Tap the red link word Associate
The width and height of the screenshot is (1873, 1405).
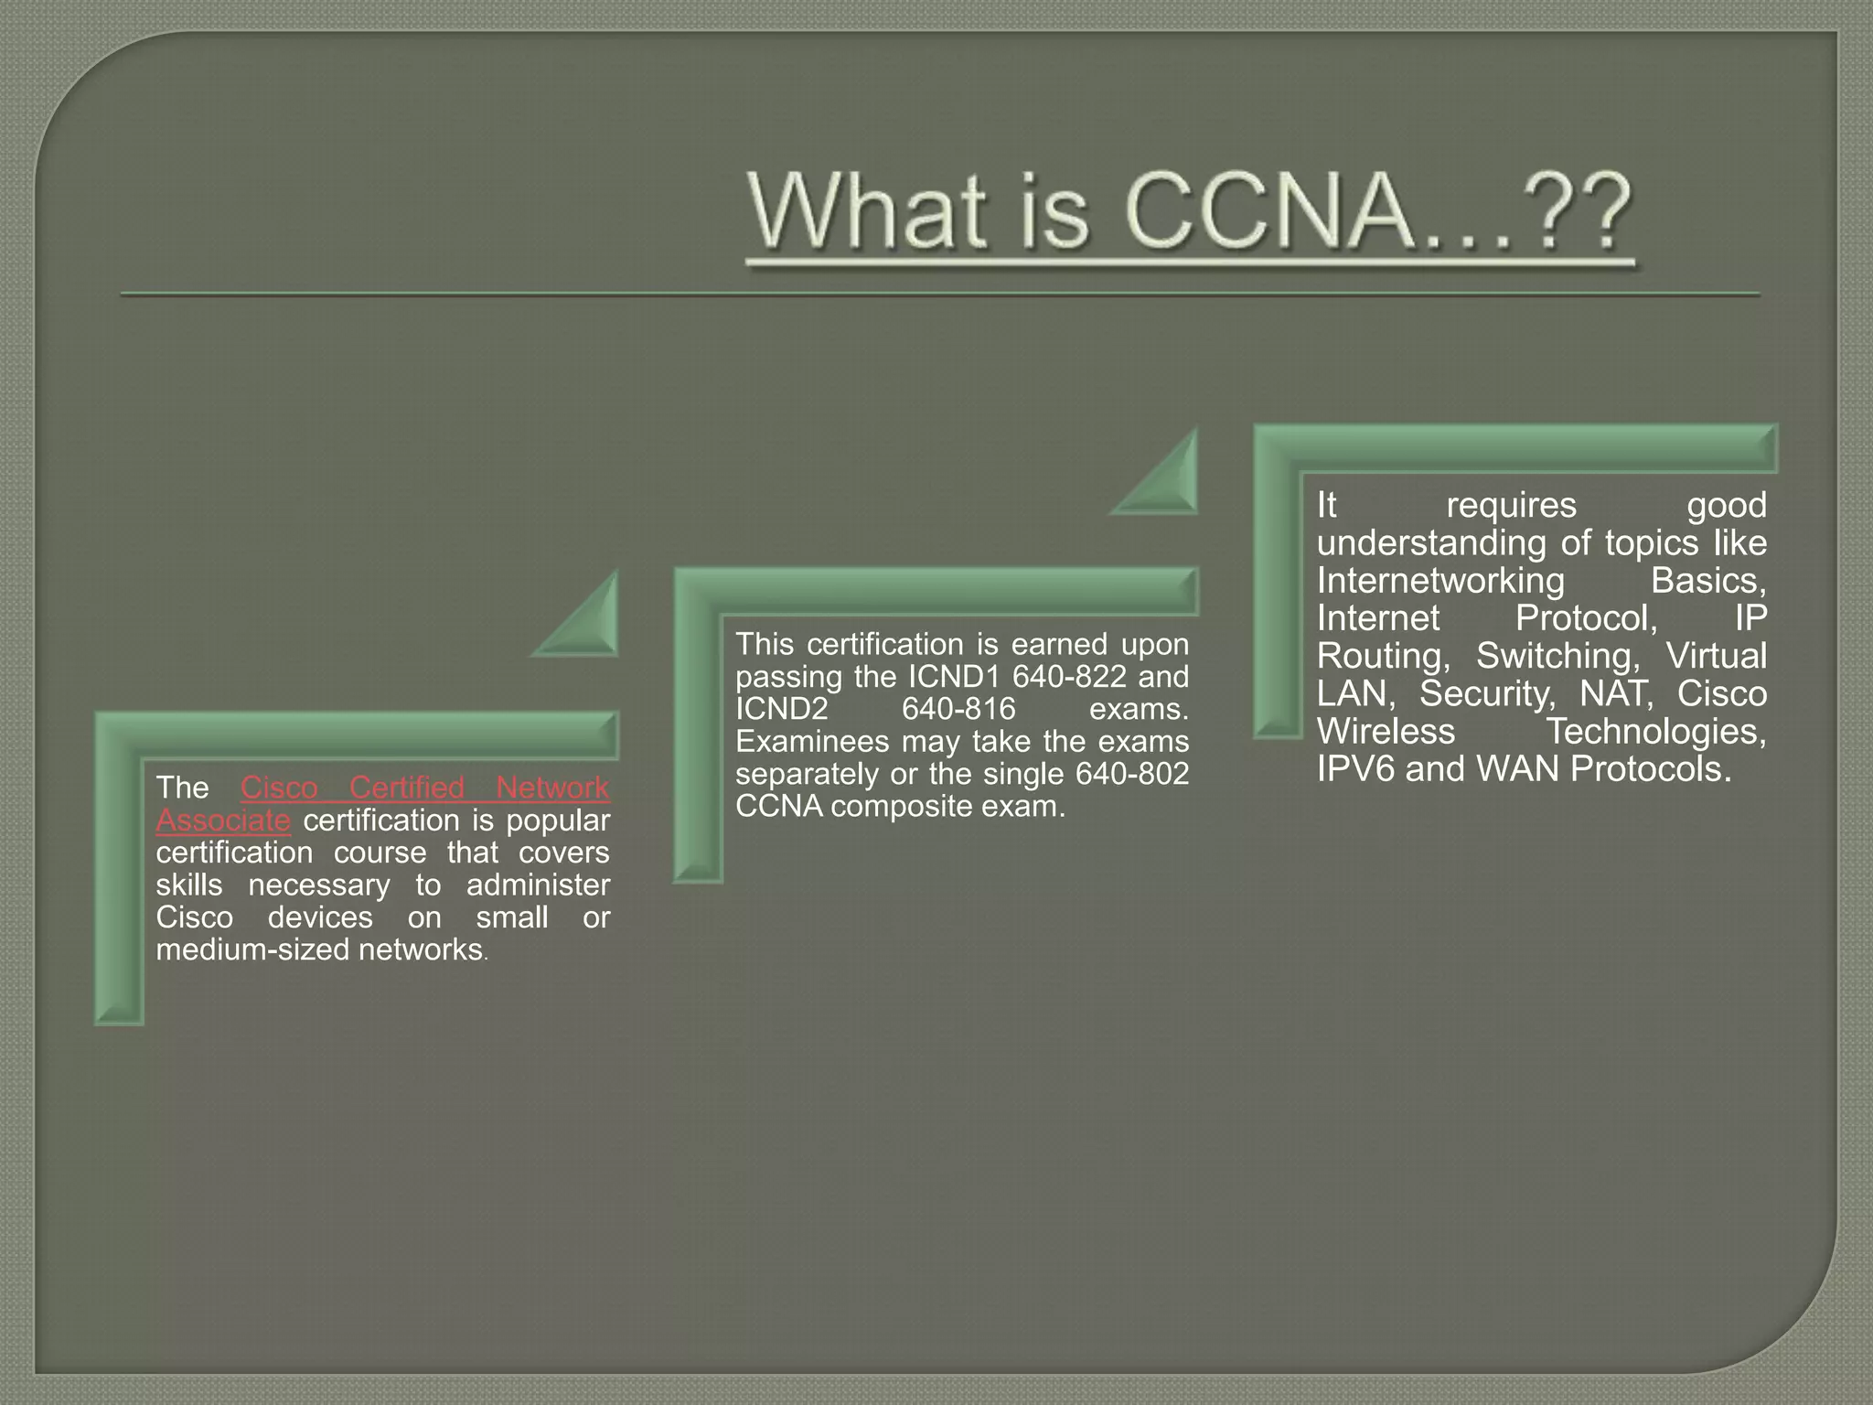click(223, 820)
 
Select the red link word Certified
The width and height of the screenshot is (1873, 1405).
click(407, 788)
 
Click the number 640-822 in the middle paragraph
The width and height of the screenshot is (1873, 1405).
click(1069, 677)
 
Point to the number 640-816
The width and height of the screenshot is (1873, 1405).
click(958, 709)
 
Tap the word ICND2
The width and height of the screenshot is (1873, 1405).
click(782, 709)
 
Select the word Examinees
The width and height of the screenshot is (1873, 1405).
click(812, 742)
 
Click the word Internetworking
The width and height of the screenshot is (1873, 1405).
click(1440, 581)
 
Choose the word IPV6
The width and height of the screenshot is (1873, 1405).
click(1355, 769)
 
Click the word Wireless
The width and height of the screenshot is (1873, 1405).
click(1386, 732)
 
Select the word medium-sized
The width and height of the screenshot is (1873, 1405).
click(252, 950)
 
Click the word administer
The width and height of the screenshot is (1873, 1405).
click(538, 885)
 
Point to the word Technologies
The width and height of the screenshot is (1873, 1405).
click(1655, 732)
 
